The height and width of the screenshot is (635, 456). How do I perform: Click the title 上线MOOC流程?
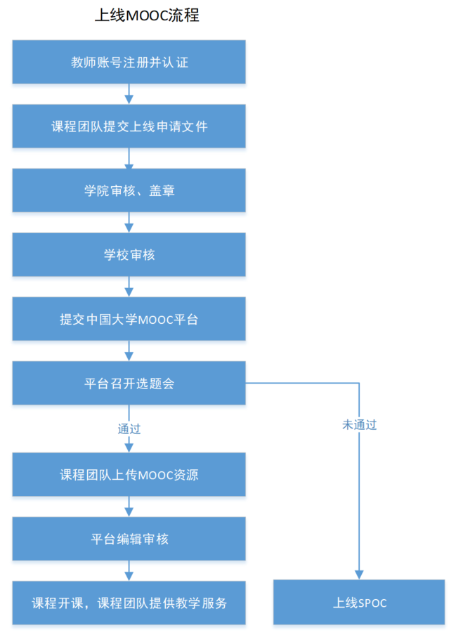tap(147, 15)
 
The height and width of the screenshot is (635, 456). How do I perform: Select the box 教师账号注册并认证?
tap(129, 62)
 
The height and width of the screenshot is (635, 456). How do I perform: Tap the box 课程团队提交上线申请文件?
tap(129, 126)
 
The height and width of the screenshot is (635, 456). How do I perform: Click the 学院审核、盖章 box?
tap(129, 190)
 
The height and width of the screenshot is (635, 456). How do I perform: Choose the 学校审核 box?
tap(129, 254)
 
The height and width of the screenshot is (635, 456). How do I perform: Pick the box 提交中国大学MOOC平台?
tap(129, 319)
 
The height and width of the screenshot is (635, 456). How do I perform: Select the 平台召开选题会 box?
tap(129, 383)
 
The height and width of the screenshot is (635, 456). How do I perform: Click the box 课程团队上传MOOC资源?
tap(129, 475)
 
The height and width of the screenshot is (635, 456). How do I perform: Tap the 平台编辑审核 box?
tap(129, 539)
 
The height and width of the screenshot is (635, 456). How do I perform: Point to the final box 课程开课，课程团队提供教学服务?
tap(129, 603)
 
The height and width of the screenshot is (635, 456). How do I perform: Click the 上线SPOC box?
tap(359, 603)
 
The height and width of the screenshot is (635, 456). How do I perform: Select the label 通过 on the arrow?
tap(129, 428)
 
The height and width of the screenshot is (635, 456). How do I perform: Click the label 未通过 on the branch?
tap(359, 425)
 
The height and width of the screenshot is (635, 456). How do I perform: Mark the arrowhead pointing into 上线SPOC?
tap(359, 575)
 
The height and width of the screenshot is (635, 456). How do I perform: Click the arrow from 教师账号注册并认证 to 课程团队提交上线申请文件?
tap(129, 94)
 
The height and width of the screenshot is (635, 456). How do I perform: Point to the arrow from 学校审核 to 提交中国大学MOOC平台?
tap(129, 287)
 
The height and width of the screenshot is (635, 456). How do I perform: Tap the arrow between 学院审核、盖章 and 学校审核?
tap(129, 223)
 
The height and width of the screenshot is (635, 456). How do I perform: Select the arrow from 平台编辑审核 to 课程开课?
tap(129, 570)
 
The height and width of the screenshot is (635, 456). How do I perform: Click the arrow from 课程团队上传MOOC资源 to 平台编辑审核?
tap(129, 506)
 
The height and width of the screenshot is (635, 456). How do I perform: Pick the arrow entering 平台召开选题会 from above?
tap(129, 351)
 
